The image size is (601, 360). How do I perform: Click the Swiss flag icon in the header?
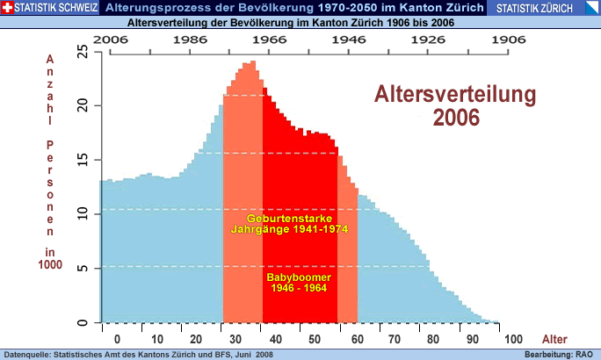pos(7,8)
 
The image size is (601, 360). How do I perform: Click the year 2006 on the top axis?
pos(110,40)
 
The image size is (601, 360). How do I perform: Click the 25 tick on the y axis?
pos(83,52)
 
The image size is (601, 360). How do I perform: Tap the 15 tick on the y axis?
pos(83,160)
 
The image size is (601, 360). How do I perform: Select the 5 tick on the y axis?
pos(83,269)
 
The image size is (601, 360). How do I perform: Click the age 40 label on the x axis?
pos(276,340)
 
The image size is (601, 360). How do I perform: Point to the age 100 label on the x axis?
pos(515,340)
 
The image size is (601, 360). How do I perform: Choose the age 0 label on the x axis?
pos(117,340)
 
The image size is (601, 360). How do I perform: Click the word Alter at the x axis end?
pos(555,340)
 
